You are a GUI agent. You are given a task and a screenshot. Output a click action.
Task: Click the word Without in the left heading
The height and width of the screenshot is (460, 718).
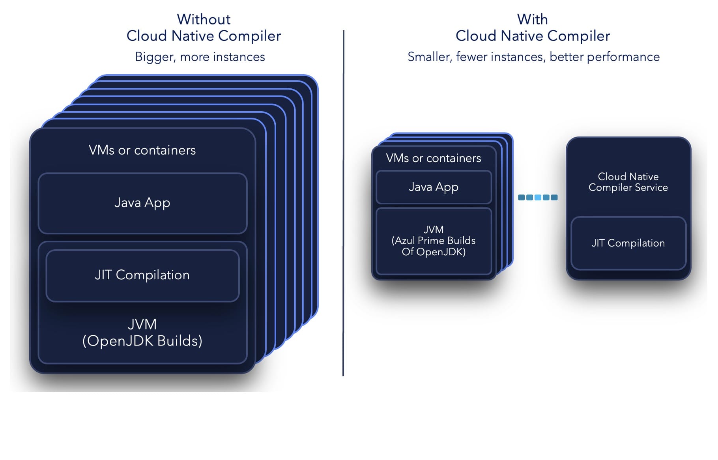[x=204, y=19]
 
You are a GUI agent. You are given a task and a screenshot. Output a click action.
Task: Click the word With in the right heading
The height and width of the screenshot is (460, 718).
[x=532, y=19]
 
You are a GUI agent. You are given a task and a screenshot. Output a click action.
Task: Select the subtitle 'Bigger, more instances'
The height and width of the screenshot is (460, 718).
[x=200, y=57]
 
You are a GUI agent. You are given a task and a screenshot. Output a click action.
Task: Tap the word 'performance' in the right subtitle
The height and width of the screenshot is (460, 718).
[x=623, y=57]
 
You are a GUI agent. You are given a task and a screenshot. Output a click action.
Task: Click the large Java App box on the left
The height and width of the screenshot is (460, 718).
[x=142, y=203]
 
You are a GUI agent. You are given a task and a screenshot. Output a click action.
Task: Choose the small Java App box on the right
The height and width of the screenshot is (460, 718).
[x=434, y=187]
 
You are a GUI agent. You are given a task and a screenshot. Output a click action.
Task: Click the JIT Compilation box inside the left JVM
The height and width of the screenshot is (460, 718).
[x=142, y=275]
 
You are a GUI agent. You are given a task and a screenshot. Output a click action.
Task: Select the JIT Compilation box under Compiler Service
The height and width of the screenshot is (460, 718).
[x=628, y=243]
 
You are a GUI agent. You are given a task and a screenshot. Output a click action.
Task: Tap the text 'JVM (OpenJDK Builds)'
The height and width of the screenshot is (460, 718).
[x=142, y=333]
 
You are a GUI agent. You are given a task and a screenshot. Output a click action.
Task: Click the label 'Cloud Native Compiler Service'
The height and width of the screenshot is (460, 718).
[x=628, y=182]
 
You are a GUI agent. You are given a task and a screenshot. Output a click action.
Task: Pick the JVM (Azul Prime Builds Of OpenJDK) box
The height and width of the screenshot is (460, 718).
[x=434, y=241]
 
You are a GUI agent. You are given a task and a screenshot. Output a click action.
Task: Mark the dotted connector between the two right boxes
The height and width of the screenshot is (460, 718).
[x=538, y=197]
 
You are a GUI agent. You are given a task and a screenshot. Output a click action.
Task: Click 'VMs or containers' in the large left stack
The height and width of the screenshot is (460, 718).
[x=142, y=150]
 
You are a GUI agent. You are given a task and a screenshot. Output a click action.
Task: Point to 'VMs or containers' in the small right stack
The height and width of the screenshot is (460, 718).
[x=434, y=158]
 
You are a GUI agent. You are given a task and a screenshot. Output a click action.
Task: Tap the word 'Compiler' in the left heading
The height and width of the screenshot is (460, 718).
[x=249, y=36]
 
